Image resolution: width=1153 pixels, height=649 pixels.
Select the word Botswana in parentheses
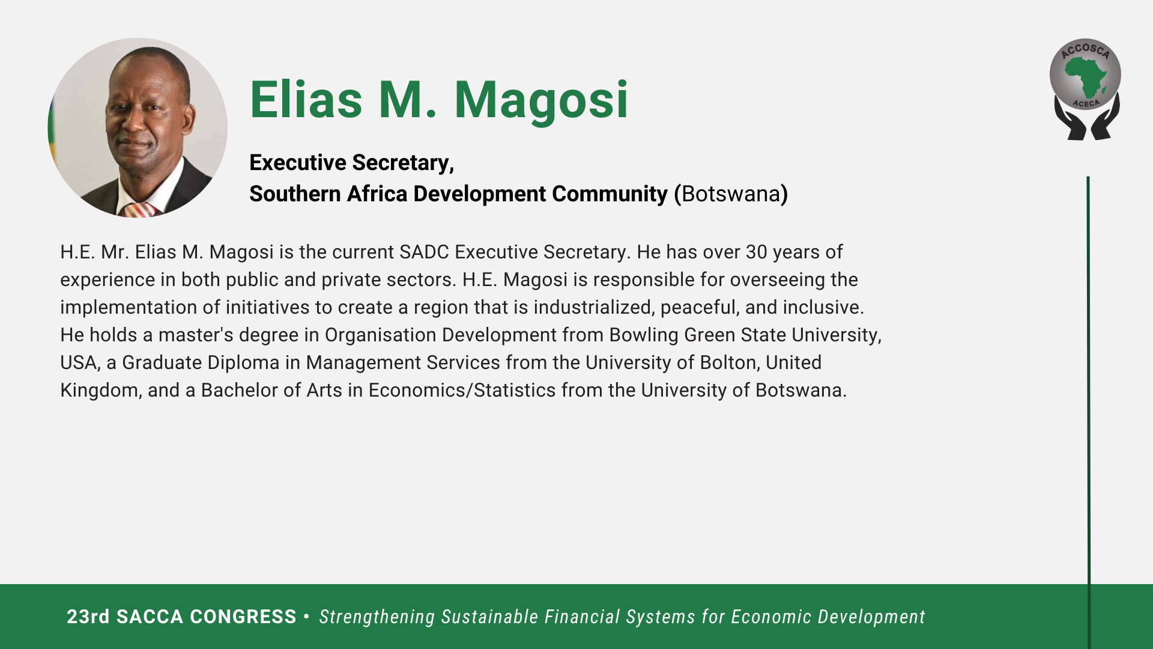(731, 194)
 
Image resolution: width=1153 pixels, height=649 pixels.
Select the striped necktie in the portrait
(140, 210)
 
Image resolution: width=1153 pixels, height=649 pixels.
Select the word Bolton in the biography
(728, 363)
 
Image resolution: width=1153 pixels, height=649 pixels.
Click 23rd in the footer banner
(88, 617)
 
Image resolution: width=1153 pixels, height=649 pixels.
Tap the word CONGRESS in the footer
(243, 617)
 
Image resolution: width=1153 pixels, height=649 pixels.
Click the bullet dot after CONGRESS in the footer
(307, 617)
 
